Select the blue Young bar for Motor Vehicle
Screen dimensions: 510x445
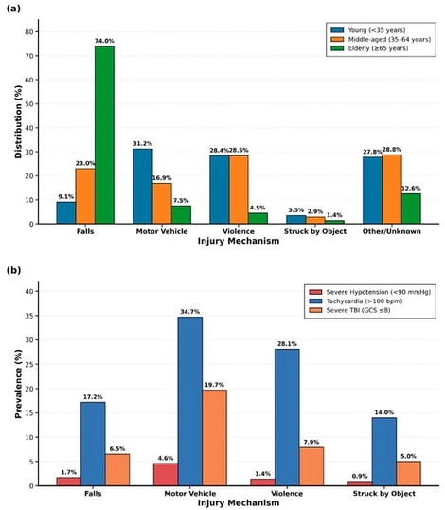pos(143,186)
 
